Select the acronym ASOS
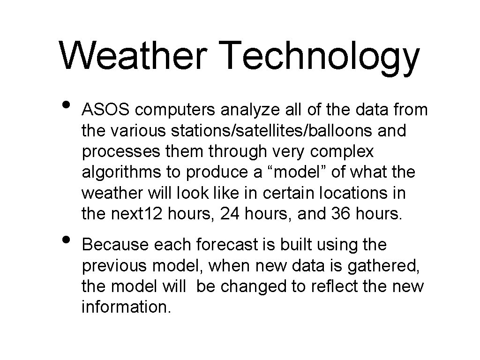click(x=107, y=110)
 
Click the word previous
click(x=114, y=265)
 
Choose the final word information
click(x=126, y=307)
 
